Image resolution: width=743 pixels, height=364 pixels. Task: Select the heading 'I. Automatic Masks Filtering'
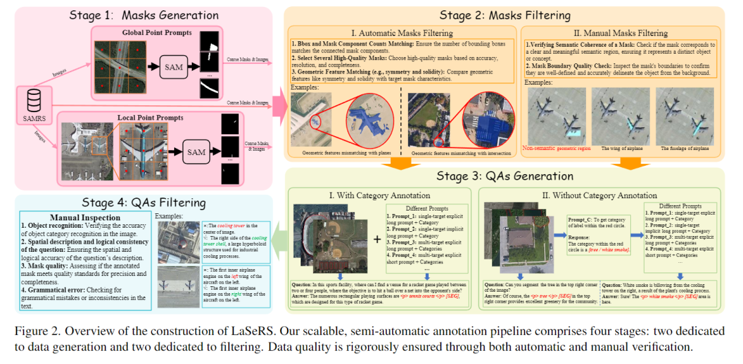pyautogui.click(x=402, y=32)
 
